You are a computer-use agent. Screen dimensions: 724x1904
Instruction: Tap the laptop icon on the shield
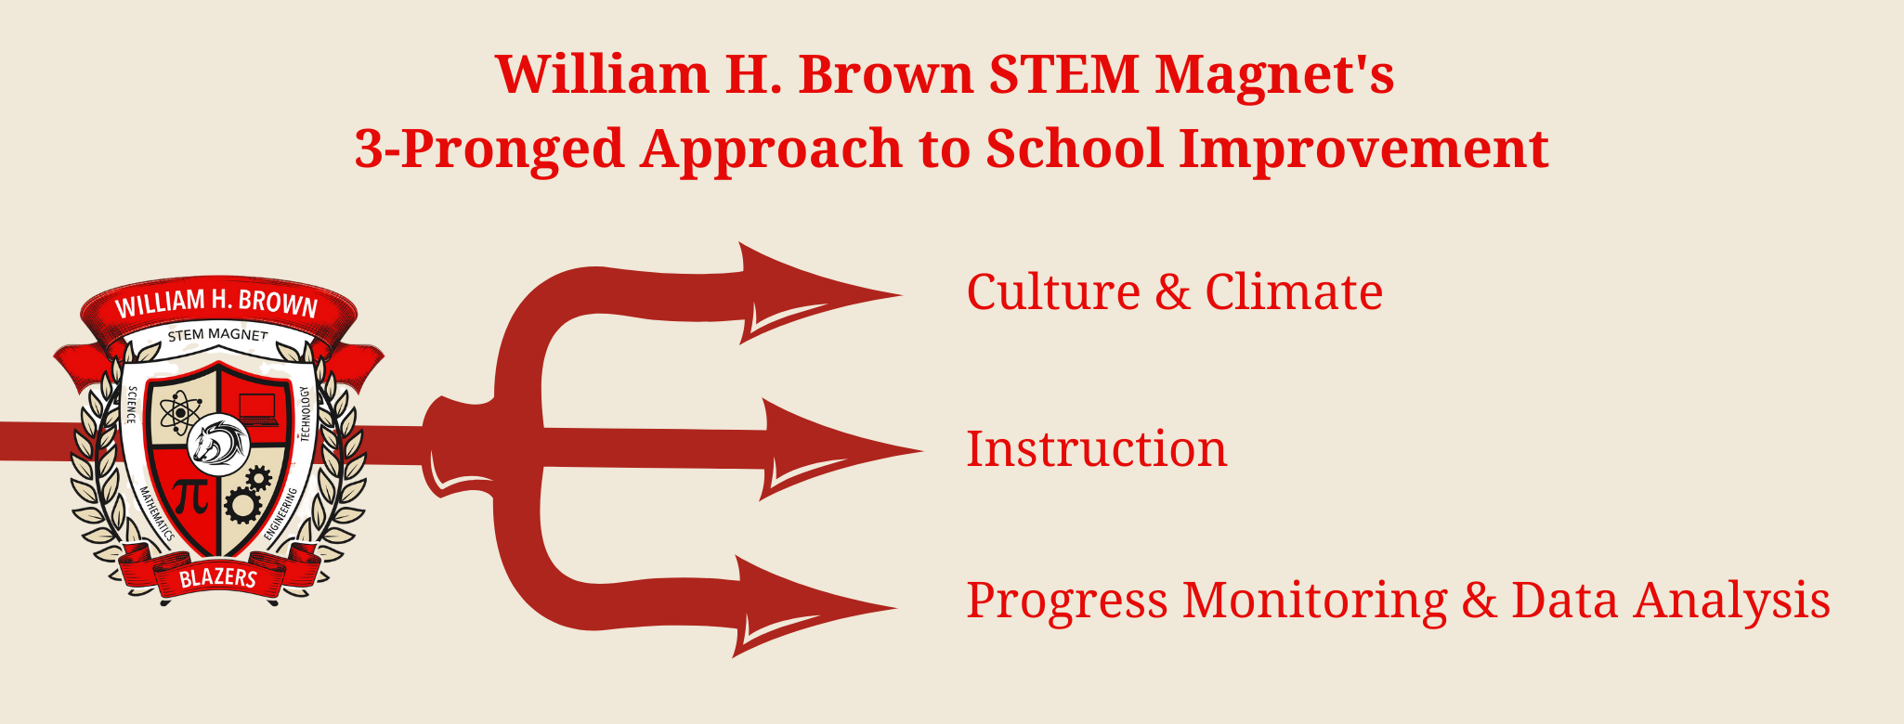coord(258,408)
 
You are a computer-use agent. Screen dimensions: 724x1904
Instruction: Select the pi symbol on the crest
coord(191,497)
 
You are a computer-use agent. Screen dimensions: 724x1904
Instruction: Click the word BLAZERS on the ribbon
coord(218,578)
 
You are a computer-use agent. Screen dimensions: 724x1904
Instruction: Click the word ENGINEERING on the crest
coord(281,513)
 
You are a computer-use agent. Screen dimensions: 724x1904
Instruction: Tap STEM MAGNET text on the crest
coord(218,334)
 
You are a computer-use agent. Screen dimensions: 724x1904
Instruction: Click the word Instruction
coord(1096,449)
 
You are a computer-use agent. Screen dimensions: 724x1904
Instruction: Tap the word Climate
coord(1293,292)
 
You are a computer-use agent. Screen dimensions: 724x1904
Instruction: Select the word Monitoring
coord(1314,601)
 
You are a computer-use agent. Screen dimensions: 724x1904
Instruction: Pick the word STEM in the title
coord(1063,74)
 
